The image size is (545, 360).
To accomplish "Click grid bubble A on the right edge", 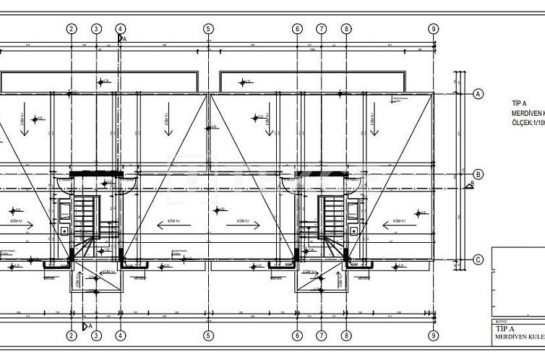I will [477, 94].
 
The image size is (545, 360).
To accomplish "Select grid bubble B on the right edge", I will [477, 174].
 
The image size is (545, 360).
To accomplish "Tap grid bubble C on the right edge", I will [477, 260].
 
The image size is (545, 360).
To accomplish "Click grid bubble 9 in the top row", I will [433, 29].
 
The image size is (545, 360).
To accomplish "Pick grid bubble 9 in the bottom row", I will [433, 335].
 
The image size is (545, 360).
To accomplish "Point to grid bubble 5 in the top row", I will [208, 29].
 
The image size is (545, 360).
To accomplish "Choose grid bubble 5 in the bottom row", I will [208, 335].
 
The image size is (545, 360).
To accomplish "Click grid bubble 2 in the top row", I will [71, 29].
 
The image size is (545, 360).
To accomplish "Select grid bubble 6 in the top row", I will [297, 29].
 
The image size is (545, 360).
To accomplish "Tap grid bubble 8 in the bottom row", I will [347, 335].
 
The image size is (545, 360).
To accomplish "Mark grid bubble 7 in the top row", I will [322, 29].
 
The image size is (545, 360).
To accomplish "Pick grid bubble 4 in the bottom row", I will [121, 335].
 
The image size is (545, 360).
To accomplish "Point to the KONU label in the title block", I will [501, 322].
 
